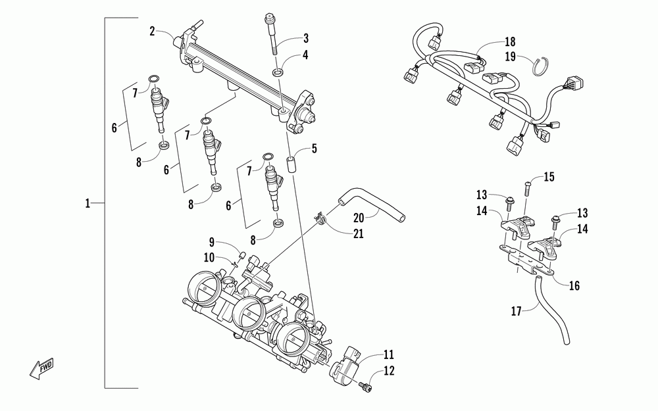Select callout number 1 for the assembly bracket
click(88, 204)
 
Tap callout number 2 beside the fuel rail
click(152, 31)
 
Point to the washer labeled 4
click(280, 70)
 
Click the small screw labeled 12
click(363, 389)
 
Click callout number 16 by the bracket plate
click(574, 285)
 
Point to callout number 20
click(358, 218)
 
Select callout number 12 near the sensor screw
click(389, 371)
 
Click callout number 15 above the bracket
click(549, 176)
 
